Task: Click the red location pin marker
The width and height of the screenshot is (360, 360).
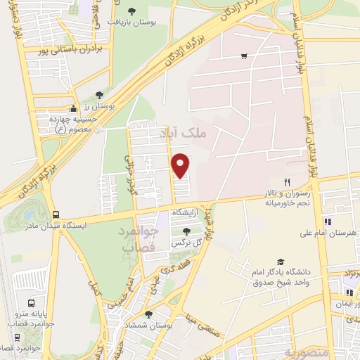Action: (181, 165)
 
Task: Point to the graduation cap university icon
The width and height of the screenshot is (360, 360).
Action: (281, 260)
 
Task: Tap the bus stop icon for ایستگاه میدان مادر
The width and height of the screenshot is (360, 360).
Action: (56, 215)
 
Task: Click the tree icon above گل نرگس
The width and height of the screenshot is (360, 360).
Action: (186, 231)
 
